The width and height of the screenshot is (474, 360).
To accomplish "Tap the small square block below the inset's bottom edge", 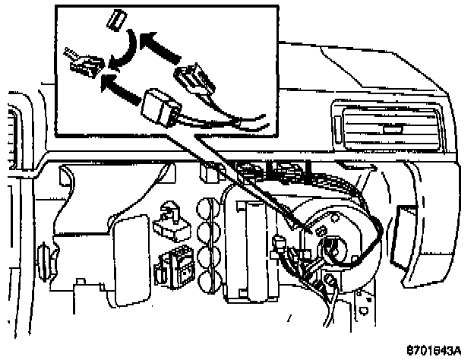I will [207, 173].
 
